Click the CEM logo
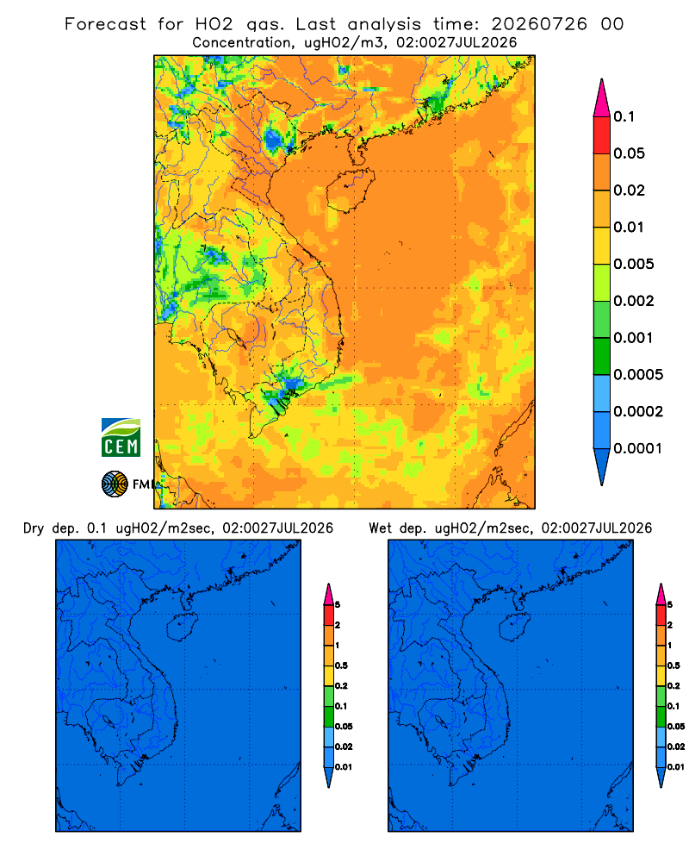pos(121,437)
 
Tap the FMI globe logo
pos(115,484)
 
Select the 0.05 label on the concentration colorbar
pos(629,153)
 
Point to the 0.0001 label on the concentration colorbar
pos(638,448)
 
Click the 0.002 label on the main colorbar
pos(634,301)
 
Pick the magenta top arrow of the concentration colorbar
pos(602,97)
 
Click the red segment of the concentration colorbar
pos(602,134)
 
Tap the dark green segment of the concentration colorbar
pos(602,356)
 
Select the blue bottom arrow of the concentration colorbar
pos(602,466)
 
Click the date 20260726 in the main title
pos(539,24)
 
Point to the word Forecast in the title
pos(105,24)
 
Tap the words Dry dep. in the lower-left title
pos(51,528)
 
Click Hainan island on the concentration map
pos(350,191)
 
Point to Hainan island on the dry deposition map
pos(182,627)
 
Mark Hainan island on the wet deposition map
pos(515,627)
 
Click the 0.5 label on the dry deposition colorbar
pos(341,665)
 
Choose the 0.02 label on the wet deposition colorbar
pos(676,746)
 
